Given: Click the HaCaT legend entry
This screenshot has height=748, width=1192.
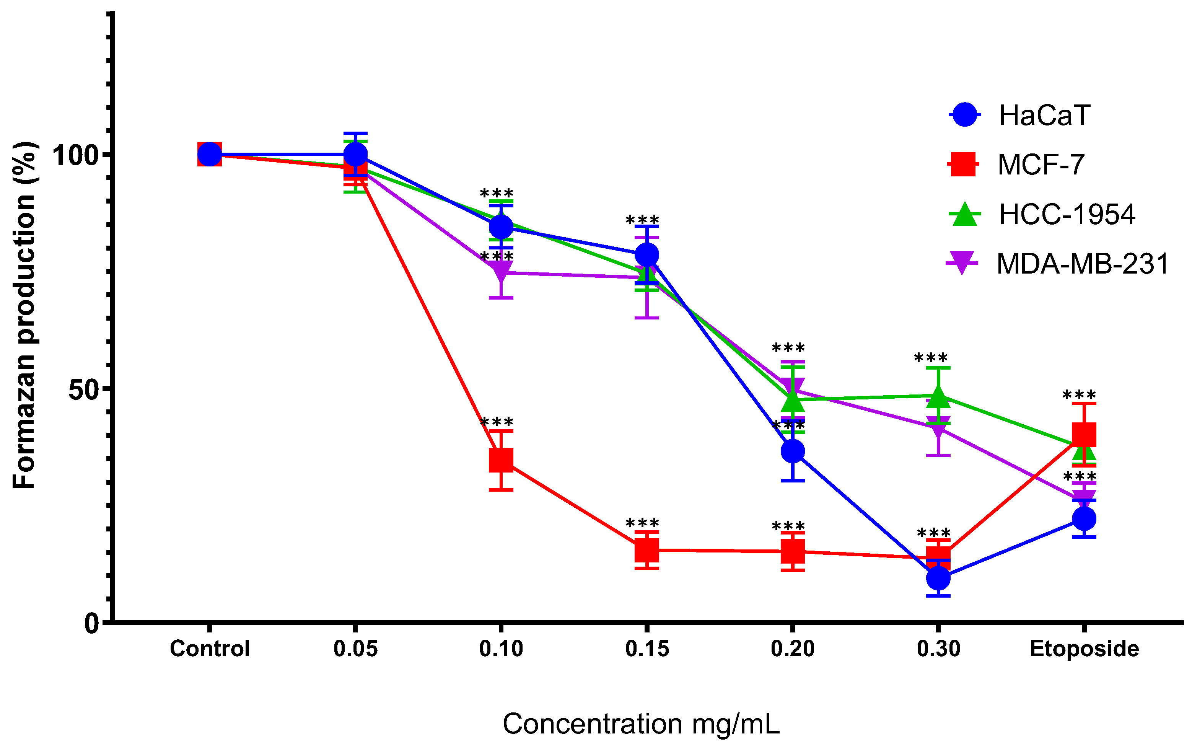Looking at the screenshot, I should [1044, 115].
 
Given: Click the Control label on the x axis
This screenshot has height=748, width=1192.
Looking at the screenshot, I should [210, 649].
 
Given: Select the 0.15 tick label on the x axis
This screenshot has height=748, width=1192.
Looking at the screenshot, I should [647, 649].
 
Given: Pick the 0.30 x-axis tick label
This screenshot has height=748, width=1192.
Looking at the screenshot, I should [938, 649].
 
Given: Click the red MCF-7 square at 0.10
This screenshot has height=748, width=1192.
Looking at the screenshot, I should [500, 460].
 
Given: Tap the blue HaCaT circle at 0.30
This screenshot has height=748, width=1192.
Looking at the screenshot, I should [938, 578].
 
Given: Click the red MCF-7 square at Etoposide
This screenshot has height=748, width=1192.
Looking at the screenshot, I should [1084, 434].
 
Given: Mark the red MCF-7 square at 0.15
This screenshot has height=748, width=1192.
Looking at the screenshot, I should [646, 550].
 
